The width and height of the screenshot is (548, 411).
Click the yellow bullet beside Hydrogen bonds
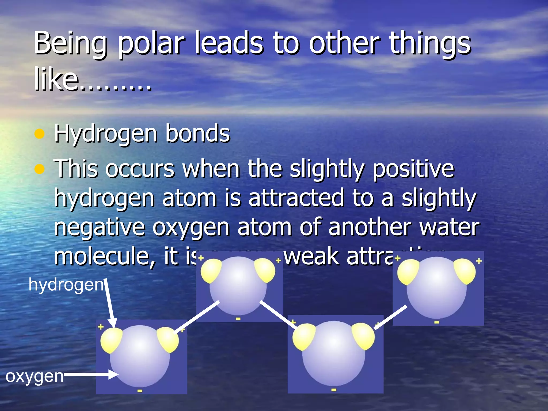(39, 134)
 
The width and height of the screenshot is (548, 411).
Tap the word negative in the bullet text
(99, 227)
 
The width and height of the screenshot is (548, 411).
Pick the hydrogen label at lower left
(66, 285)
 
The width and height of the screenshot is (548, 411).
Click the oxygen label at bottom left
(35, 376)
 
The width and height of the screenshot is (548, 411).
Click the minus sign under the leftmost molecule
(140, 391)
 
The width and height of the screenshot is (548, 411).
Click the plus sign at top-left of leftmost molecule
(101, 327)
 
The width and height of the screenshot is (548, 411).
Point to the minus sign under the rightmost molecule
(436, 322)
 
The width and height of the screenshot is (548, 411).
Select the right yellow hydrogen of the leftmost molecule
(168, 339)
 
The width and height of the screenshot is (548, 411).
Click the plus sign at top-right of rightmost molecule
(479, 261)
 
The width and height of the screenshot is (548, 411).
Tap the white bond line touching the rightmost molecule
(391, 317)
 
